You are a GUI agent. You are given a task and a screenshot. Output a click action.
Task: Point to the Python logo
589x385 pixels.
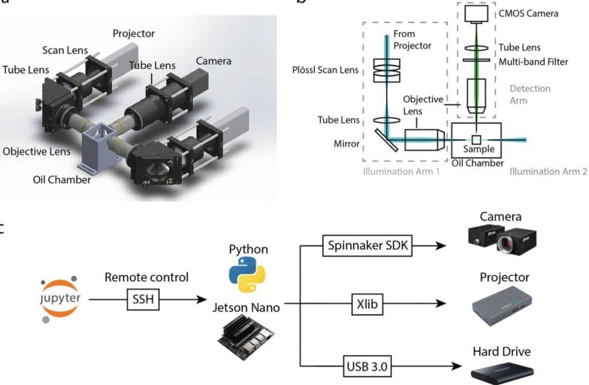click(247, 275)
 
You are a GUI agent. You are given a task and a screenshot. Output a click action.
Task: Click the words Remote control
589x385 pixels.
click(146, 277)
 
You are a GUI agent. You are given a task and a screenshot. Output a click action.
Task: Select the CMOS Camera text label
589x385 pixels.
click(528, 13)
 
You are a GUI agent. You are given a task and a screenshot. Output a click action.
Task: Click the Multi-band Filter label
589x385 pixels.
click(533, 61)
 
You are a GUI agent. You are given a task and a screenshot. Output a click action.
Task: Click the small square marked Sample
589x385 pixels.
click(477, 140)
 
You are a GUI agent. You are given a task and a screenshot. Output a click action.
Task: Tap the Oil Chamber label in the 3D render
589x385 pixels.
click(63, 179)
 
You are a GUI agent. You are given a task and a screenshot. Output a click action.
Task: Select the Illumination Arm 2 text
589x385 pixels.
click(548, 171)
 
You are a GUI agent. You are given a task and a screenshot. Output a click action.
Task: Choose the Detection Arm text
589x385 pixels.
click(530, 94)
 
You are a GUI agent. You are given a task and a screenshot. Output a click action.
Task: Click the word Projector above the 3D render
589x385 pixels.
click(133, 33)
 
